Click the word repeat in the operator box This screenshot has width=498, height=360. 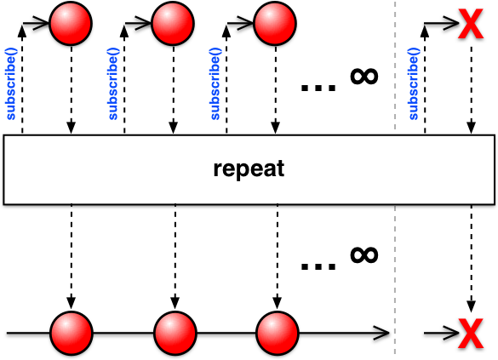click(249, 169)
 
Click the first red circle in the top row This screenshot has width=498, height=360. click(71, 23)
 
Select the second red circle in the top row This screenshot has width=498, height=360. click(173, 23)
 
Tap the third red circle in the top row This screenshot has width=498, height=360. click(275, 23)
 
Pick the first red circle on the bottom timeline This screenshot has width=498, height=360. click(72, 333)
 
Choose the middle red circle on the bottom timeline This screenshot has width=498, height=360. click(175, 333)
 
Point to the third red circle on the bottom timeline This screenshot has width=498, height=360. click(278, 333)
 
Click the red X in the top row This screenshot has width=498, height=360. click(471, 24)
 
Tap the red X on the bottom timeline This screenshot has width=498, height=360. click(471, 334)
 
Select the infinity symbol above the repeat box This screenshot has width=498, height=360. click(364, 77)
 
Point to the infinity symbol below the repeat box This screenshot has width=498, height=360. click(364, 255)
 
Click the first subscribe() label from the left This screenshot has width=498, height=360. click(11, 83)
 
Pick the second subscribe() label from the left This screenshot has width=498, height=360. click(113, 83)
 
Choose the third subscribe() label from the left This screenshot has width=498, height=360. click(215, 83)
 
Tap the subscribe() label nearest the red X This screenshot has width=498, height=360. click(414, 83)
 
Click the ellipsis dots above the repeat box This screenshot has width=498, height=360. click(318, 88)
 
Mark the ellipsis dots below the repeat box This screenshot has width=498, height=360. click(318, 266)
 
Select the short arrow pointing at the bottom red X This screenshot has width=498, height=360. click(442, 333)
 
